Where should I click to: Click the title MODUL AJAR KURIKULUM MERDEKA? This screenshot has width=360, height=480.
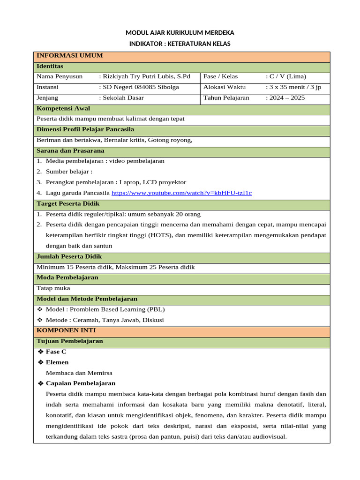(180, 33)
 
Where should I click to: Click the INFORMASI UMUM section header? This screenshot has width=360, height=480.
(69, 56)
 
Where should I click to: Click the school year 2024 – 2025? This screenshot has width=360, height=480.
(286, 98)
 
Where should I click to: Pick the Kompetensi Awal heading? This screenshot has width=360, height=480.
(63, 109)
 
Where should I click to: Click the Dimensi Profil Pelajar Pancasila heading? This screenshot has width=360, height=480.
(85, 129)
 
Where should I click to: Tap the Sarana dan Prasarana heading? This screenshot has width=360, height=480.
(70, 151)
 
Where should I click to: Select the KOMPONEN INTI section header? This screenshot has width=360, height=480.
(66, 330)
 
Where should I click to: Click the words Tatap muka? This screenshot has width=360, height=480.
(53, 288)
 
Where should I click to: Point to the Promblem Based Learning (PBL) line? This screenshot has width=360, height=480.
(105, 309)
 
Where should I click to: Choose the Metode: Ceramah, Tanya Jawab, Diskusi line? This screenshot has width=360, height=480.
(105, 320)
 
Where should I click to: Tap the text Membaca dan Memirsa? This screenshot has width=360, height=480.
(79, 373)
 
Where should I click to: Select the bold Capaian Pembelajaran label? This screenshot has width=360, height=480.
(81, 383)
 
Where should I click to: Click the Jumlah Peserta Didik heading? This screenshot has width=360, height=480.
(69, 257)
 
